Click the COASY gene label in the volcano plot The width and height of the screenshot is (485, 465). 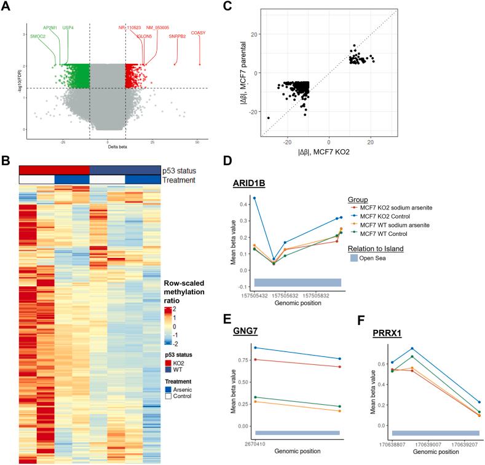pyautogui.click(x=199, y=33)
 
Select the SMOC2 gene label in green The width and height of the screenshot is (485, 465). pyautogui.click(x=38, y=36)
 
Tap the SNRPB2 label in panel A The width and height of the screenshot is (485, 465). pyautogui.click(x=176, y=36)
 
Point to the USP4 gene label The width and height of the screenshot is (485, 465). pyautogui.click(x=68, y=28)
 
